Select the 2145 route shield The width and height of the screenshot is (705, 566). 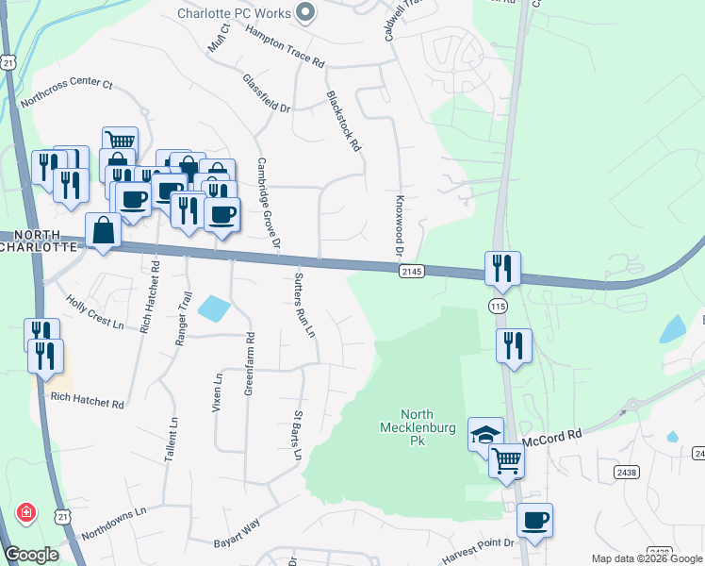pos(412,272)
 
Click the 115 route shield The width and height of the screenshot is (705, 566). pos(497,307)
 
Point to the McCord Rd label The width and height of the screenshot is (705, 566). pos(554,433)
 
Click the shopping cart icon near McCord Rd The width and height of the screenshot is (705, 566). pos(507,462)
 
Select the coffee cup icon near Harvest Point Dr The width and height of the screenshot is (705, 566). pos(535,521)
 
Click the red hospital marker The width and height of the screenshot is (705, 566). pos(27,514)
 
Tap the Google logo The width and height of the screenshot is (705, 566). pos(31,555)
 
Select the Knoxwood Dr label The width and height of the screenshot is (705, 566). pos(399,227)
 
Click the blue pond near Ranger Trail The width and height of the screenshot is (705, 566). pos(215,308)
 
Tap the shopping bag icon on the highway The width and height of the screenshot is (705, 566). pos(103,230)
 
